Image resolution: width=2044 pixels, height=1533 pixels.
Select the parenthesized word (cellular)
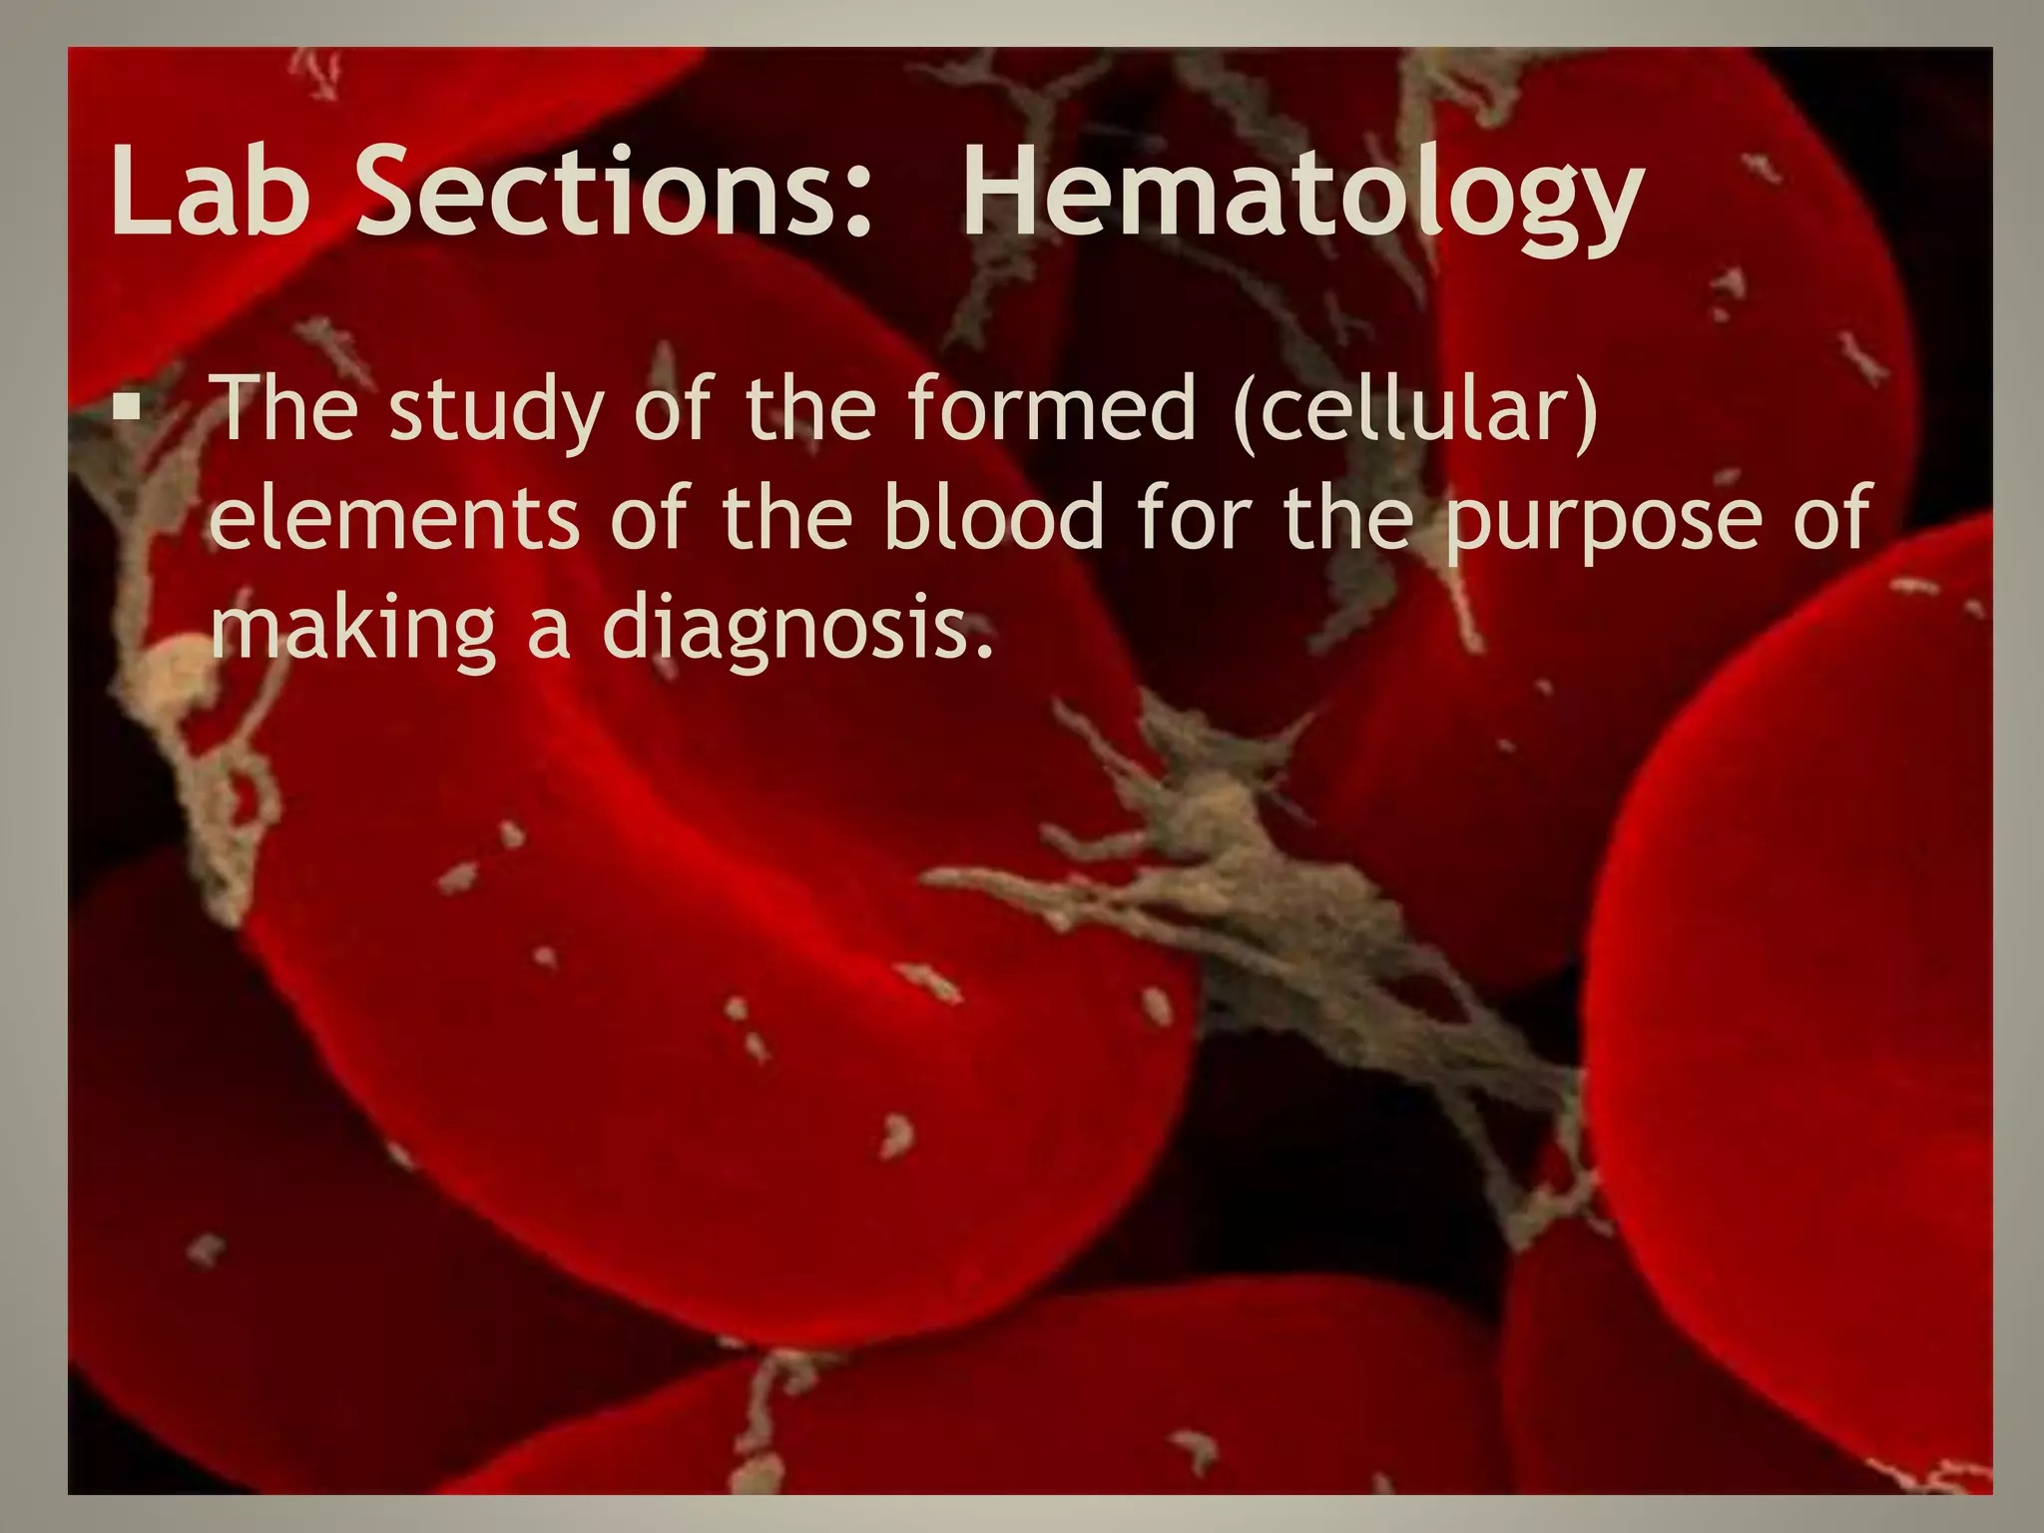click(x=1415, y=409)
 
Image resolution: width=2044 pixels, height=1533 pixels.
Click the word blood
click(x=994, y=517)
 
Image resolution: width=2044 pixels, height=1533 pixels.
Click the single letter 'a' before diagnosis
click(x=548, y=635)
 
